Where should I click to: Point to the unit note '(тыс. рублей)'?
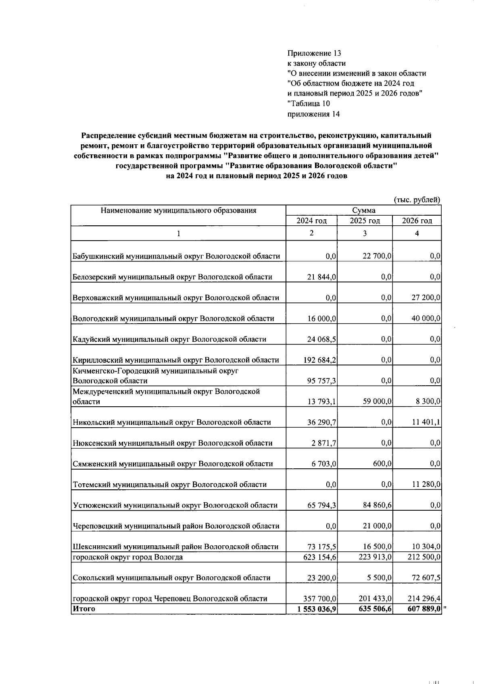point(417,200)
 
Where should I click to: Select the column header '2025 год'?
point(365,221)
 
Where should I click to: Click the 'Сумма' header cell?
point(363,210)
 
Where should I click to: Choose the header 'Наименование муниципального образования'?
point(178,210)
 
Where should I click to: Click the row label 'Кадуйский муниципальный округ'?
point(169,339)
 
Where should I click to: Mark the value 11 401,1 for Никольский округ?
point(426,422)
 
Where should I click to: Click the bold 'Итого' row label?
point(84,609)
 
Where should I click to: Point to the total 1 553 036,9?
point(317,609)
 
